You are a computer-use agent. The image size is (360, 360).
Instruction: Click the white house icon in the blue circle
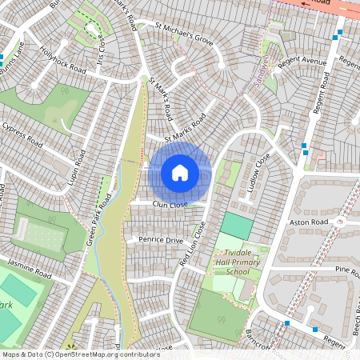coord(180,173)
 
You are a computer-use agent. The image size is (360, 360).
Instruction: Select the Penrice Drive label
coord(161,240)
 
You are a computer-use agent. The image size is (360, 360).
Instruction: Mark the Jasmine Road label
coord(29,266)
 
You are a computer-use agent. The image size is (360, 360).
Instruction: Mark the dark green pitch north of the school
coord(236,225)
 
